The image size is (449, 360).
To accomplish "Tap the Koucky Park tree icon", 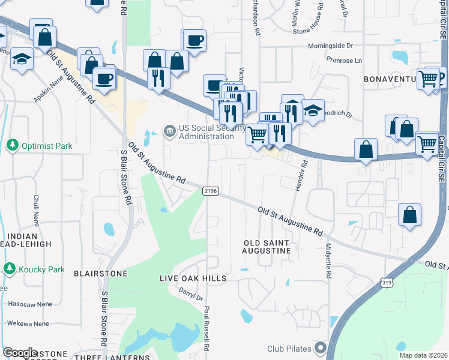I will (x=9, y=269).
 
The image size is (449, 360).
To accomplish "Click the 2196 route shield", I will (x=210, y=191).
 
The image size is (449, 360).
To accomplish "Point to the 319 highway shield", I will (x=387, y=281).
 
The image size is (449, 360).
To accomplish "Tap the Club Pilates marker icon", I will (x=320, y=348).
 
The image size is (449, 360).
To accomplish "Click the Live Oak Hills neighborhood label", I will (x=193, y=278).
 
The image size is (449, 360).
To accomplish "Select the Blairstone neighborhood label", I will (x=100, y=273).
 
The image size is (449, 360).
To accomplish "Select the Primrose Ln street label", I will (x=345, y=61).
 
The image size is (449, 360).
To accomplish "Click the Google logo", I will (x=20, y=353).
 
